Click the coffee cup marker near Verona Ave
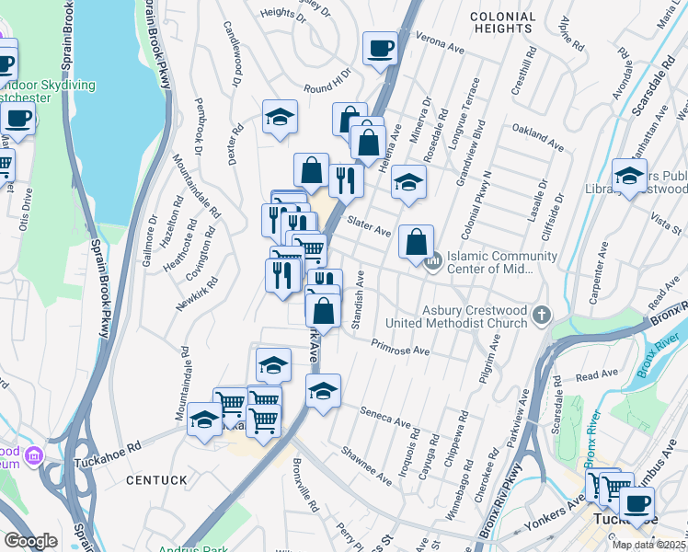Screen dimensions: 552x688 point(379,48)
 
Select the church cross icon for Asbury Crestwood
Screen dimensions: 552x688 point(542,316)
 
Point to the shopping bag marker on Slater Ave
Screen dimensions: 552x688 point(417,243)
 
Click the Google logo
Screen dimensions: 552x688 point(30,541)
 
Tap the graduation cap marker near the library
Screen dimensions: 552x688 point(629,178)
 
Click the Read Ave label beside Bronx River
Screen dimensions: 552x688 point(597,375)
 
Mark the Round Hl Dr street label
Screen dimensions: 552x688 point(328,83)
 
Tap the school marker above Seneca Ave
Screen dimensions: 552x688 point(323,392)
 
